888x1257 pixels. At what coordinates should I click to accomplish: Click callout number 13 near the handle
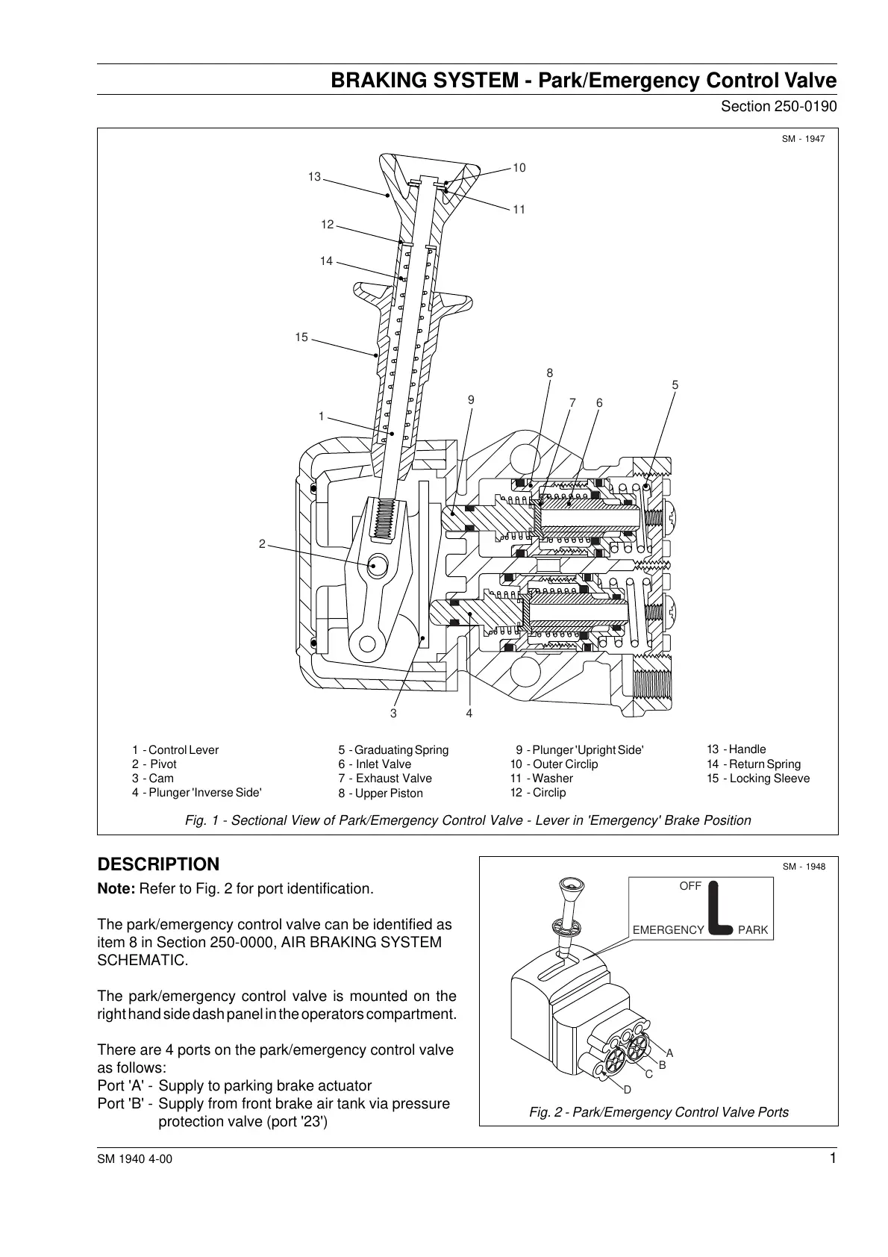314,177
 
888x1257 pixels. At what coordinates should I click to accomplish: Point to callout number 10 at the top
519,168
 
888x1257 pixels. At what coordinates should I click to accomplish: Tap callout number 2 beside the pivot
262,544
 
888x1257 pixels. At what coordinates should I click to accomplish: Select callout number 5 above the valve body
675,385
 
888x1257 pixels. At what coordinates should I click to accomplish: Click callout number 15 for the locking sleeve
301,337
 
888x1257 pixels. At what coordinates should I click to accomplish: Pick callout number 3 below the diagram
393,714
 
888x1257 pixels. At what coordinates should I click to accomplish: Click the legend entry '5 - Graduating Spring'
393,749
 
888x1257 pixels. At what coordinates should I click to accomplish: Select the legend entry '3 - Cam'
153,778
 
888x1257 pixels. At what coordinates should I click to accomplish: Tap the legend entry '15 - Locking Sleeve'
758,778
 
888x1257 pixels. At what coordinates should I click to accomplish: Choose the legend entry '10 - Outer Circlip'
554,764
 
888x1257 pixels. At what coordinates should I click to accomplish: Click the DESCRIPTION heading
159,864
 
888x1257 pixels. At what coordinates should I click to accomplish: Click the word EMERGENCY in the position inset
668,930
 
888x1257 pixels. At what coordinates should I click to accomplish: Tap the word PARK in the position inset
752,930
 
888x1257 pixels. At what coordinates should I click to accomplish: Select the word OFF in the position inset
690,886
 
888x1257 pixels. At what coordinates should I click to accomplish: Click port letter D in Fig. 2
628,1089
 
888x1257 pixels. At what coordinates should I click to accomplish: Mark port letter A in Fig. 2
669,1052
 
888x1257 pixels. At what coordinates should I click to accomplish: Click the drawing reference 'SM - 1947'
804,139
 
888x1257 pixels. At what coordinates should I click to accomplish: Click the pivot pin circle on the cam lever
376,566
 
